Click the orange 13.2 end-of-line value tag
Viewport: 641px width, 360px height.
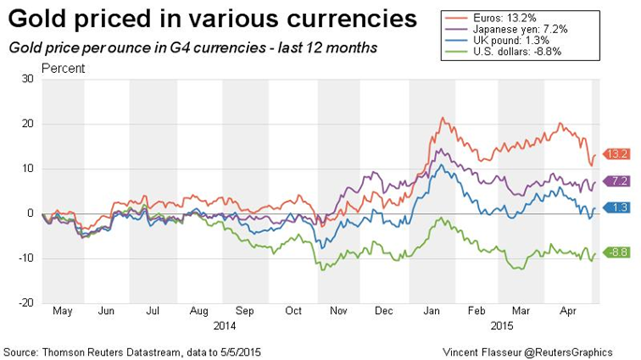[617, 154]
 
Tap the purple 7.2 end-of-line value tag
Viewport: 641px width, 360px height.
[617, 181]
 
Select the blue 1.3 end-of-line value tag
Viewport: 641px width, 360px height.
[617, 208]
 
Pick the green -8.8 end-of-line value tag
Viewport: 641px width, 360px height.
[617, 252]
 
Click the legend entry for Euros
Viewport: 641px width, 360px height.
[489, 18]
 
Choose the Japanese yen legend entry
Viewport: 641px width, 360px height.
[505, 29]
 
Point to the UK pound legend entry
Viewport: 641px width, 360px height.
[496, 40]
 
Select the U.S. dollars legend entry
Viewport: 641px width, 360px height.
[503, 51]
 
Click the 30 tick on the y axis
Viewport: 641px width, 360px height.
[28, 79]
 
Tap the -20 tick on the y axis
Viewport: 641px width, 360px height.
[26, 303]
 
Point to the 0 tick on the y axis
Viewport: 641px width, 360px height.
[30, 213]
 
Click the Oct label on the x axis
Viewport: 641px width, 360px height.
[293, 311]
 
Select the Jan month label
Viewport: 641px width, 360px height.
[431, 311]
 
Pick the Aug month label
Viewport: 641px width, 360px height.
[198, 311]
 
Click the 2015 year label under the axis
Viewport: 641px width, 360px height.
[502, 326]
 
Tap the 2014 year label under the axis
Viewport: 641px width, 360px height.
[225, 326]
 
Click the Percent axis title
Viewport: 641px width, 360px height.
[64, 68]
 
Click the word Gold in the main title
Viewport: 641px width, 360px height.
[38, 19]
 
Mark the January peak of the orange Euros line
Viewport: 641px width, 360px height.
[442, 118]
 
